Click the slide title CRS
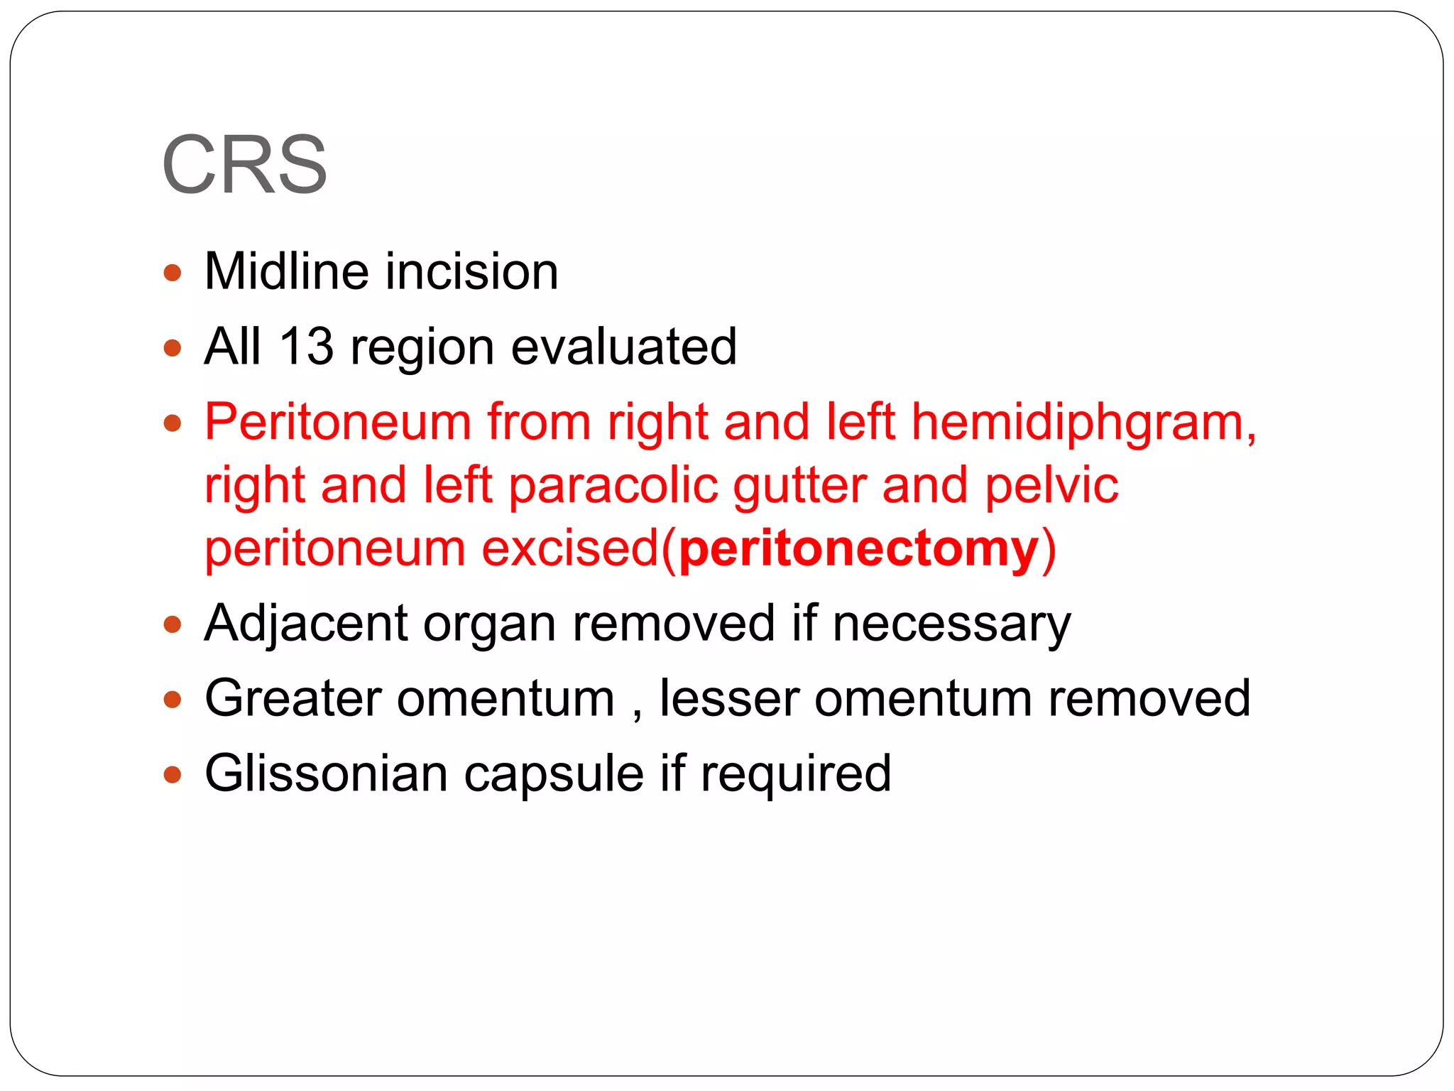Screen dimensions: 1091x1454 point(244,165)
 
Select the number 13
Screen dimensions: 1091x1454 point(306,347)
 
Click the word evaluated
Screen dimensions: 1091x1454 point(624,347)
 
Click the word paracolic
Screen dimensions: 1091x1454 point(613,486)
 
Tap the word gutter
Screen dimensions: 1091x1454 point(799,487)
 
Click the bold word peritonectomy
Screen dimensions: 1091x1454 point(858,550)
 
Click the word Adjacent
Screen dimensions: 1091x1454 point(306,624)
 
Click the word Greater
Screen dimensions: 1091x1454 point(293,698)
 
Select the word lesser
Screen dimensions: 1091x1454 point(729,698)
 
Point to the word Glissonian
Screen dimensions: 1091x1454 point(326,773)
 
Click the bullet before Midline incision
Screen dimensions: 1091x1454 point(173,273)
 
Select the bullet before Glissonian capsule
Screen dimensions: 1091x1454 point(173,774)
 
